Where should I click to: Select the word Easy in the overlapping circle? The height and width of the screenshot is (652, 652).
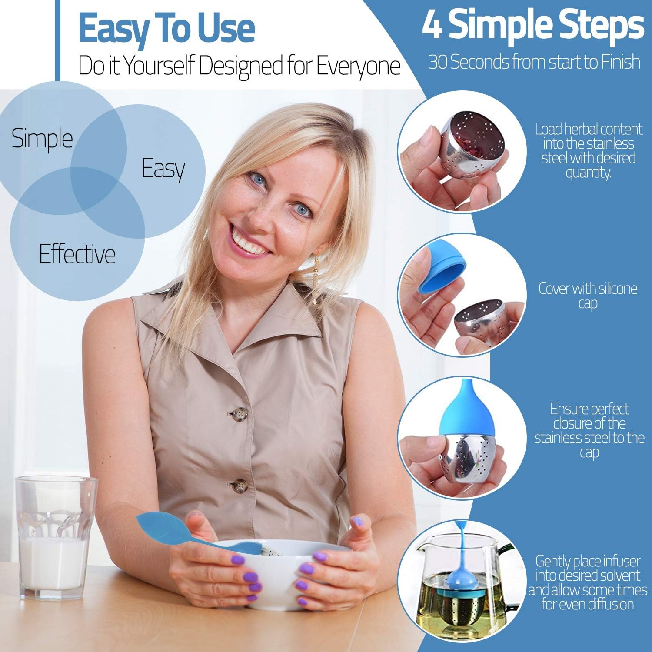coord(163,170)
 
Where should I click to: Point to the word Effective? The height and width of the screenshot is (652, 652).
coord(77,254)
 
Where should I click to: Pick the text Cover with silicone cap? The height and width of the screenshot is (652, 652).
coord(588,296)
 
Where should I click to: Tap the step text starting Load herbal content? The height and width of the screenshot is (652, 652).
coord(589,150)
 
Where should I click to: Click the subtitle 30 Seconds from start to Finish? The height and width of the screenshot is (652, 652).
coord(534,62)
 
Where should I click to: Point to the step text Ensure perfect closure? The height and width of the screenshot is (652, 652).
coord(589,430)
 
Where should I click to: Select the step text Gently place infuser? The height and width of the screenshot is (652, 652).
coord(588,582)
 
